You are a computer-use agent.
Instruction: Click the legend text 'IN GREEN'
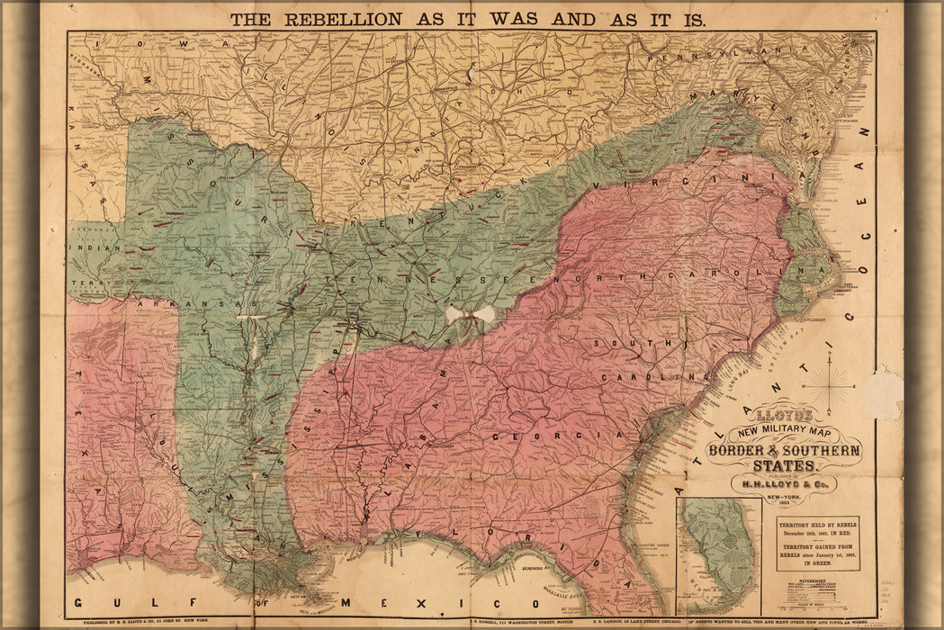[x=818, y=563]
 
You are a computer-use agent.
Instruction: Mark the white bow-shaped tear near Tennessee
[x=470, y=314]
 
